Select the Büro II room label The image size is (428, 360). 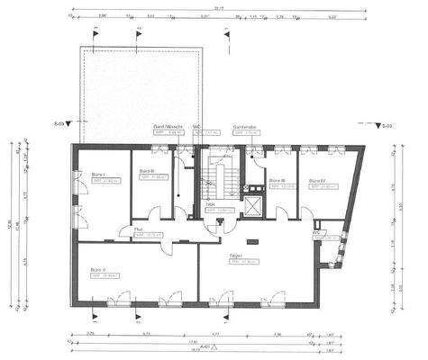coord(147,171)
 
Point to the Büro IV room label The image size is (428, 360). coord(317,181)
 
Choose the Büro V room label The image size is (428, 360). coord(98,269)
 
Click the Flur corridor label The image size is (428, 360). coord(139,229)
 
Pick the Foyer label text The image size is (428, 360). coord(236,256)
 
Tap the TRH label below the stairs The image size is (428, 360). coord(209,204)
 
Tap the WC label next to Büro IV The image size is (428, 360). coord(317,232)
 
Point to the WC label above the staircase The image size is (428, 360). coord(197,127)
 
